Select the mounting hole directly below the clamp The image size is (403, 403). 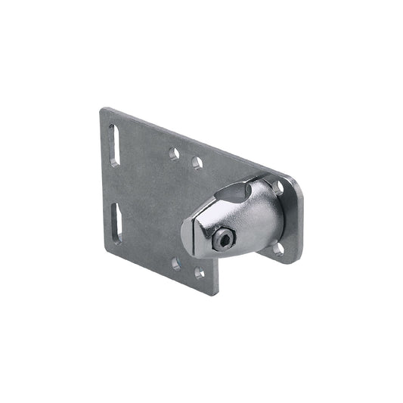[x=278, y=247]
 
